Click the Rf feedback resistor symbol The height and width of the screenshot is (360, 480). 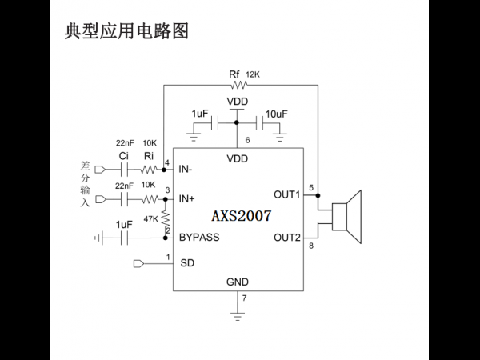[238, 85]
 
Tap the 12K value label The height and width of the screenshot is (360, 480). [253, 74]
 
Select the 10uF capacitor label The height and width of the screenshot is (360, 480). [277, 114]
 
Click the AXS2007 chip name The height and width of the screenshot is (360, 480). [242, 216]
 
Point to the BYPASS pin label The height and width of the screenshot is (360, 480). [199, 238]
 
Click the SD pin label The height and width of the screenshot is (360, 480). [187, 263]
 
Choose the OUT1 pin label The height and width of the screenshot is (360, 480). [287, 194]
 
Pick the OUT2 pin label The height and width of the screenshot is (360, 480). [287, 238]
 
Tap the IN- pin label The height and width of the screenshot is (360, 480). [186, 169]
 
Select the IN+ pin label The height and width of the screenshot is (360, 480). [186, 198]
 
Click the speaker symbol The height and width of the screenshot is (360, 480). [347, 217]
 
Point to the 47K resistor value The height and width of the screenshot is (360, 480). [150, 219]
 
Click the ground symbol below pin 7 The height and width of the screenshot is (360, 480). [238, 316]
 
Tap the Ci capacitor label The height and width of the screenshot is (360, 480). [123, 156]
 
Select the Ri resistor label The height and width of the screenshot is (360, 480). [149, 156]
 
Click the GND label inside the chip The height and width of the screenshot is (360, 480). [238, 282]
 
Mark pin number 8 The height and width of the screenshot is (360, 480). [311, 246]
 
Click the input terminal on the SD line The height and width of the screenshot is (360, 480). [138, 263]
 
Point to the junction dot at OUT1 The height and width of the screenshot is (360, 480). [318, 195]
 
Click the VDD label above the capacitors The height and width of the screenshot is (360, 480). [238, 102]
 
